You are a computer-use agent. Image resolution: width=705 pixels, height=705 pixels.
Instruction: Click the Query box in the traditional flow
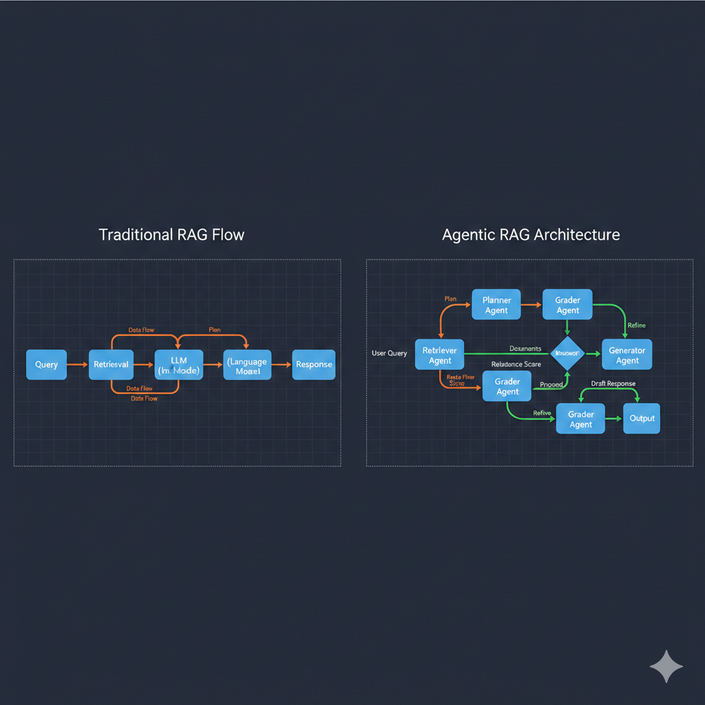coord(46,364)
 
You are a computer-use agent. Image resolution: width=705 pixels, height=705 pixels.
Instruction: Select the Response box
coord(314,364)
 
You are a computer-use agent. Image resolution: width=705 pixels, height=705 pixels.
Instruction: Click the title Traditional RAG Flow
coord(171,235)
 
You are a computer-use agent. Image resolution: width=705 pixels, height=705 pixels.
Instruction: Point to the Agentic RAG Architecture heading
coord(531,235)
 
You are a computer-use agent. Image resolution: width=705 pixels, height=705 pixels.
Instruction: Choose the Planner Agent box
coord(496,305)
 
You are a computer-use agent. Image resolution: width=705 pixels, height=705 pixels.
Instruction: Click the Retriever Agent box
coord(440,355)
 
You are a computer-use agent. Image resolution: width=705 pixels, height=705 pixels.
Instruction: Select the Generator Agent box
coord(627,355)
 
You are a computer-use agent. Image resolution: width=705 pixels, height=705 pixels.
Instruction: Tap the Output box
coord(642,419)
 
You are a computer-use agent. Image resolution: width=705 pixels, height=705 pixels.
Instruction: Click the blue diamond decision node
coord(568,353)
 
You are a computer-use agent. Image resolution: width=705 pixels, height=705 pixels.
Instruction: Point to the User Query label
coord(389,353)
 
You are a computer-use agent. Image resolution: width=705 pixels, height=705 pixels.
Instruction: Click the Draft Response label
coord(613,383)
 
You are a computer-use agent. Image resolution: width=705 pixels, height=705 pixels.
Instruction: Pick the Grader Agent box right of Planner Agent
coord(567,305)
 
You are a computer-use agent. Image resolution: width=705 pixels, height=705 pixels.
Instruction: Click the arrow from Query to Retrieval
coord(78,364)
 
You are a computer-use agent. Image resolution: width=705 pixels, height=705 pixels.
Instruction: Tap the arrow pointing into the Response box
coord(282,364)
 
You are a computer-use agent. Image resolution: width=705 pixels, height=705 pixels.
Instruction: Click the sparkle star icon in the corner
coord(666,666)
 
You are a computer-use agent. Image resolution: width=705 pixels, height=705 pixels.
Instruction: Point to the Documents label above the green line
coord(525,349)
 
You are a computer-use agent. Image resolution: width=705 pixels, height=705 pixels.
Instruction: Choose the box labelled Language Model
coord(247,365)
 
